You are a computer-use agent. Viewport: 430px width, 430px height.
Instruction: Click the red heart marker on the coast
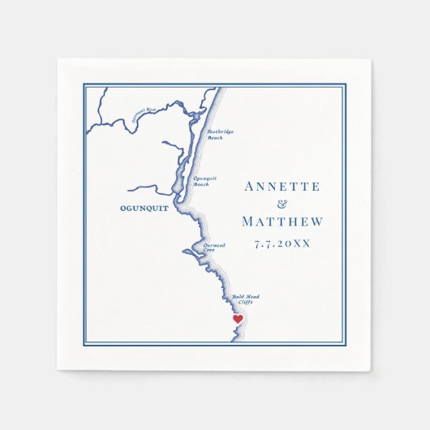click(x=238, y=319)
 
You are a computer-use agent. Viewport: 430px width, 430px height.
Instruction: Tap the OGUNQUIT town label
click(x=130, y=206)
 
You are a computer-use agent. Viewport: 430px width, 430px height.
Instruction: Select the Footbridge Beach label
click(x=215, y=135)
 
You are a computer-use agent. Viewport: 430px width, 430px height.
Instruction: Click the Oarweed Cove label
click(x=214, y=248)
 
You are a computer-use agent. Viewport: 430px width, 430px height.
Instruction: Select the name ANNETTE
click(x=283, y=187)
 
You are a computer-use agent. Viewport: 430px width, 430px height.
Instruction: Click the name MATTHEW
click(x=283, y=222)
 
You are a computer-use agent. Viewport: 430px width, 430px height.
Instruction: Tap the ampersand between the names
click(x=283, y=204)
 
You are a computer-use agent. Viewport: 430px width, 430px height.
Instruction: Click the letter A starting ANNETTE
click(x=249, y=187)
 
